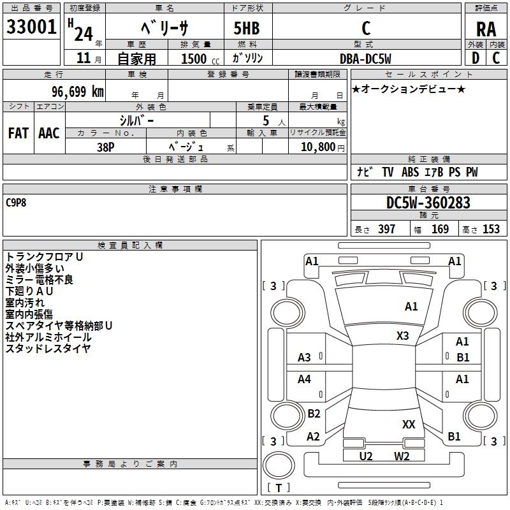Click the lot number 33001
[32, 28]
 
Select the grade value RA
[486, 29]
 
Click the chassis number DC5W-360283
[428, 203]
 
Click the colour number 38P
[105, 146]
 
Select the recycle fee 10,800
[317, 147]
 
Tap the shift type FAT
[18, 133]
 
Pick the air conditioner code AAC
[49, 133]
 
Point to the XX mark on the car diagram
[409, 424]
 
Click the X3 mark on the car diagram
[403, 335]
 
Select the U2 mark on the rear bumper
[366, 456]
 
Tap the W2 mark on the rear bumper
[402, 456]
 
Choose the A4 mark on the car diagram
[305, 379]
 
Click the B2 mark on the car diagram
[314, 414]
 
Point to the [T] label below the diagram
[279, 488]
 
